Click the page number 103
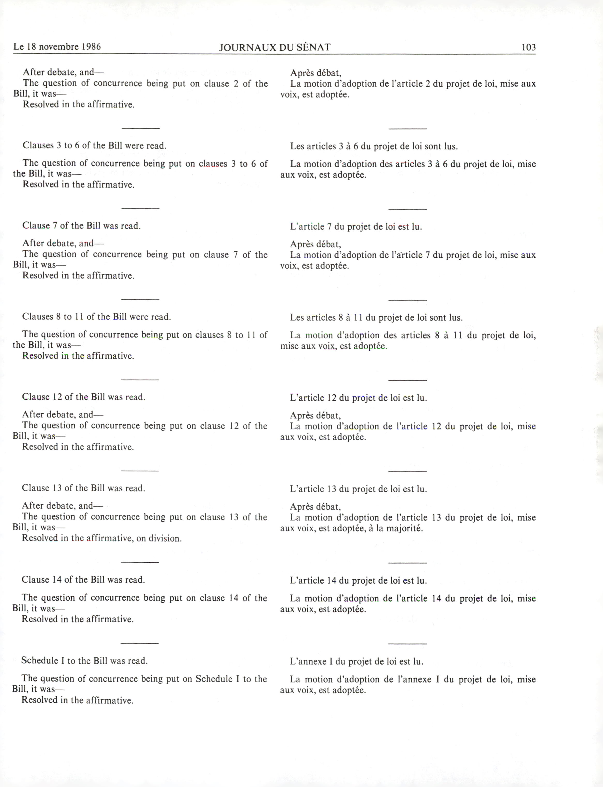(x=528, y=47)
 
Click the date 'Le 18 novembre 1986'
(x=57, y=47)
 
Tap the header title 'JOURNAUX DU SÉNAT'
(x=275, y=47)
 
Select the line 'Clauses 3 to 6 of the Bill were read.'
(x=94, y=145)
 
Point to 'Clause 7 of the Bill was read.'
(x=81, y=226)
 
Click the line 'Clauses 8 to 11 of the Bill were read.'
(x=96, y=317)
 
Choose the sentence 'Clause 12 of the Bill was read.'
(x=84, y=397)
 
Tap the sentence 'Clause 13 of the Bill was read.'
(x=83, y=488)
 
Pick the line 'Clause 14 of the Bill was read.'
(x=83, y=580)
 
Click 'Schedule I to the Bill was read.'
(x=84, y=661)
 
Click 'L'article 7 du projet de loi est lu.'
(x=356, y=227)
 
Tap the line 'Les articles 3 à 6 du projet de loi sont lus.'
(x=374, y=146)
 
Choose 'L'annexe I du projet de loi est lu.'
(x=356, y=661)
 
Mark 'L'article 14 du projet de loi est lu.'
(x=358, y=580)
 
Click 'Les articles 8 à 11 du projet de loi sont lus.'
(x=376, y=317)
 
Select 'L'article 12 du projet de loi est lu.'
(x=358, y=398)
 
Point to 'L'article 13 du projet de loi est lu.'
(x=358, y=489)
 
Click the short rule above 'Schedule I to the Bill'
(x=140, y=643)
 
